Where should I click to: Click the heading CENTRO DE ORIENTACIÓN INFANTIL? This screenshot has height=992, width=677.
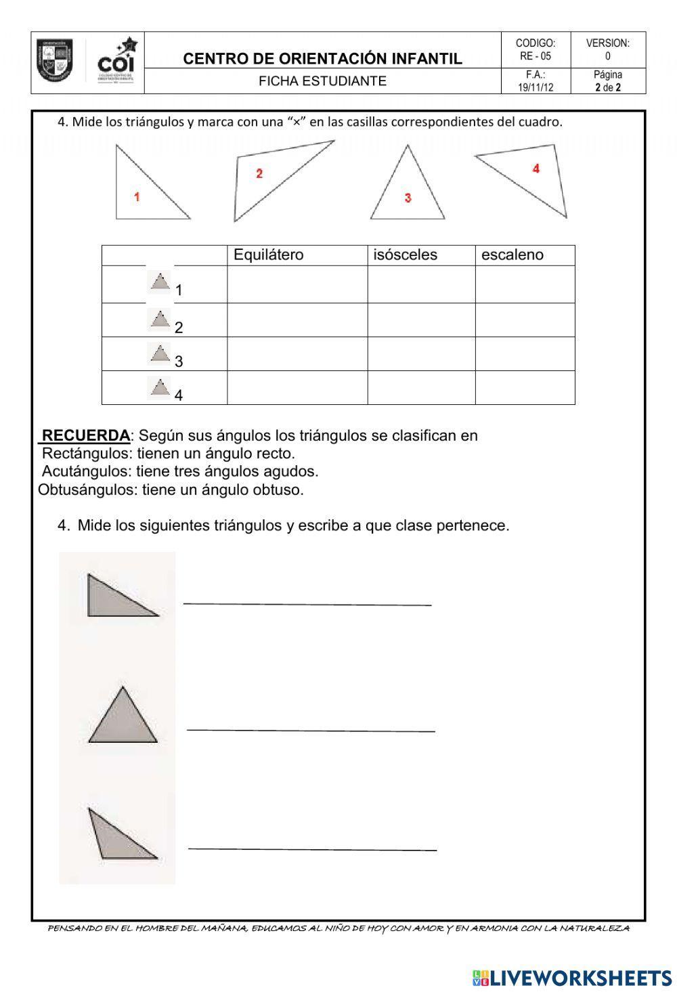tap(323, 59)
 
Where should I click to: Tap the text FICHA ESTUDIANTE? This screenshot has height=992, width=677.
tap(323, 81)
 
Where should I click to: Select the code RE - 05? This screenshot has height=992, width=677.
tap(536, 56)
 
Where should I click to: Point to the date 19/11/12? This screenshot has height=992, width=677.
tap(536, 87)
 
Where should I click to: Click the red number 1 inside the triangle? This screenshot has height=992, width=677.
tap(137, 197)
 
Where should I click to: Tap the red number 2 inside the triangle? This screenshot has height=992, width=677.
tap(259, 174)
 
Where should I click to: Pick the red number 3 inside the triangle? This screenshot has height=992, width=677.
tap(408, 198)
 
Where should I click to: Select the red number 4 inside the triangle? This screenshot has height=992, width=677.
tap(536, 169)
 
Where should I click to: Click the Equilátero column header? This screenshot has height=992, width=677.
tap(269, 255)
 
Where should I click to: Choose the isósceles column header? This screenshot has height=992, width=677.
tap(406, 255)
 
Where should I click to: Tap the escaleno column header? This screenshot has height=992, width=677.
tap(512, 255)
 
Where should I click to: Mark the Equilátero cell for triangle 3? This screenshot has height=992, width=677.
tap(297, 354)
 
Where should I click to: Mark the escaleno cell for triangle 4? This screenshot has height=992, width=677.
tap(525, 388)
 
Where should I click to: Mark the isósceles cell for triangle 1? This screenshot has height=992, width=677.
tap(421, 284)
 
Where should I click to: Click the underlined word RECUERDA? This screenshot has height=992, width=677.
tap(85, 435)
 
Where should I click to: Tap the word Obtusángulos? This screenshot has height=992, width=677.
tap(87, 490)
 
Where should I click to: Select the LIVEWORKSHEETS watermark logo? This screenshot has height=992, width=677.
tap(572, 977)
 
